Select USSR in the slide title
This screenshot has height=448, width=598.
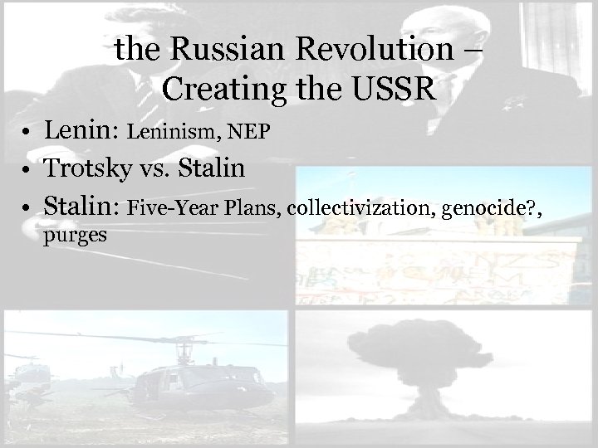(393, 88)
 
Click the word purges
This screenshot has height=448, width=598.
(76, 236)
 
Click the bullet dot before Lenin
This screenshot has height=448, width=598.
(27, 134)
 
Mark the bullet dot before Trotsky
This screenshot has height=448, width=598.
(27, 170)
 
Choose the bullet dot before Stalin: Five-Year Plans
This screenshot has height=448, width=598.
(27, 207)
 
